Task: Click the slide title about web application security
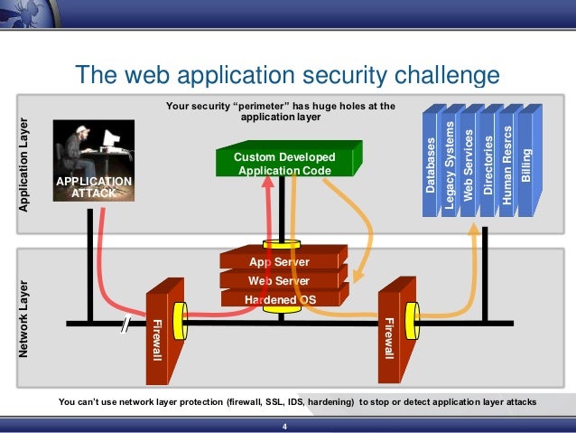coord(287,75)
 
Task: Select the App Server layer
coord(279,262)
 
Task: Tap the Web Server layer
coord(279,280)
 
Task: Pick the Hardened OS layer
coord(279,299)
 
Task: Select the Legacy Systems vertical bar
coord(450,163)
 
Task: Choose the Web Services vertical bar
coord(468,163)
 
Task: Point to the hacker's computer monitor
coord(110,140)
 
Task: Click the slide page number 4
coord(285,426)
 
